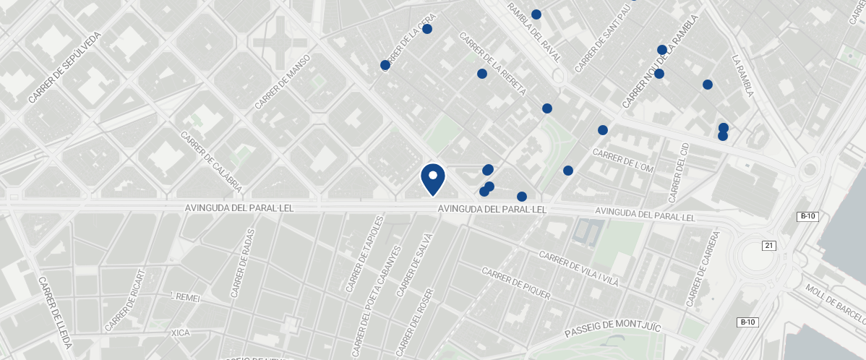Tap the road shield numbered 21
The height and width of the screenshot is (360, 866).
tap(768, 246)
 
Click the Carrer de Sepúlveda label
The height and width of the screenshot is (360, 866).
tap(64, 67)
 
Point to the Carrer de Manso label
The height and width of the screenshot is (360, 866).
tap(282, 82)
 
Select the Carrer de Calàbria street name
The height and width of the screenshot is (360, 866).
tap(211, 163)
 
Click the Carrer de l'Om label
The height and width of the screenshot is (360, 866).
tap(622, 160)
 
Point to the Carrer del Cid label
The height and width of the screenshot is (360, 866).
tap(679, 172)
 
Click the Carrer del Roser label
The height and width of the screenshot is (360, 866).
tap(414, 323)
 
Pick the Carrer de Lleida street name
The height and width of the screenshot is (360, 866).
tap(55, 312)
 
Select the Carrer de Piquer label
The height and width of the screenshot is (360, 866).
tap(515, 283)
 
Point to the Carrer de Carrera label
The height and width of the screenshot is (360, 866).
tap(703, 269)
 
